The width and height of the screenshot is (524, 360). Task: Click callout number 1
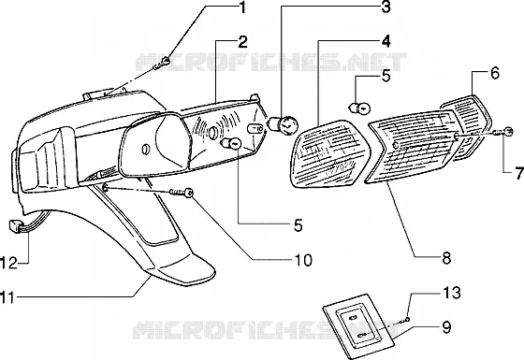point(242,7)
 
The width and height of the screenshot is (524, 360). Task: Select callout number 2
point(242,42)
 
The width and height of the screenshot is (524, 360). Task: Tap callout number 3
point(386,7)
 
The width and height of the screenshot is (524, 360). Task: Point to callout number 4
point(386,41)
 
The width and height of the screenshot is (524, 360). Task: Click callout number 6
point(495,73)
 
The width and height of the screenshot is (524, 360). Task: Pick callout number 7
point(519,173)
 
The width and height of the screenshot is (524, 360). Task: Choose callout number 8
point(446,257)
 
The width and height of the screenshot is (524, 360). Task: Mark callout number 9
point(446,327)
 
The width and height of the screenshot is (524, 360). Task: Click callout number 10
point(303,260)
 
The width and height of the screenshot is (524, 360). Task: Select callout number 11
point(7,297)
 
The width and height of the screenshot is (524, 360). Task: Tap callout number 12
point(8,263)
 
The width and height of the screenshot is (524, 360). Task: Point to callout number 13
point(452,293)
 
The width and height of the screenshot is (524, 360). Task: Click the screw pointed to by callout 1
point(162,63)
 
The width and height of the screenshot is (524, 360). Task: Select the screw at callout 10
point(182,193)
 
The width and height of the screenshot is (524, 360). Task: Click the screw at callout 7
point(503,132)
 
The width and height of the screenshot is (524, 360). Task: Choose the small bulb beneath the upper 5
point(360,108)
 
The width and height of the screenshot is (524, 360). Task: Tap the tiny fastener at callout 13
point(407,320)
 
